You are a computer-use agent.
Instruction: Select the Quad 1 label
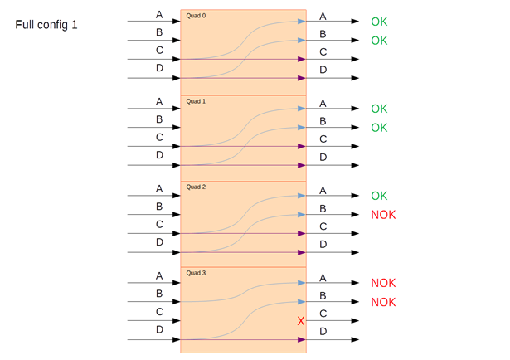(x=196, y=101)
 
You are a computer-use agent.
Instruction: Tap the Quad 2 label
(x=196, y=187)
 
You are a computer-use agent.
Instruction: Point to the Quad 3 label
(x=196, y=273)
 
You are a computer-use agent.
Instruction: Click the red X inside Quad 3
(x=301, y=321)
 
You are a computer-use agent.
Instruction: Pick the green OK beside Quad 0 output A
(x=379, y=22)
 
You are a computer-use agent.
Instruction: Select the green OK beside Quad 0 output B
(x=379, y=41)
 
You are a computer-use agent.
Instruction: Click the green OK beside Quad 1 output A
(x=379, y=109)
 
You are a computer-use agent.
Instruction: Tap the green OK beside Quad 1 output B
(x=379, y=128)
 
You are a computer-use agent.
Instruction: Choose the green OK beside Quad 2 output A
(x=379, y=196)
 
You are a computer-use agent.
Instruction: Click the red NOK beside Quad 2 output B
(x=383, y=215)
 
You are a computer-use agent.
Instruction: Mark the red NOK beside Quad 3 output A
(x=383, y=283)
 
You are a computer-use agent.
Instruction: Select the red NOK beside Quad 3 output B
(x=383, y=302)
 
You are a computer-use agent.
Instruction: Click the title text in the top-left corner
(x=46, y=25)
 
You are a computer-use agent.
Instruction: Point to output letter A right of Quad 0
(x=323, y=17)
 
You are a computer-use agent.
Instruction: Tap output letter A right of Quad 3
(x=323, y=277)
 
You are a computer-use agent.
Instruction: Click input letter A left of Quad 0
(x=159, y=15)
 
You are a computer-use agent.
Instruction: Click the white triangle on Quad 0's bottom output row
(x=355, y=78)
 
